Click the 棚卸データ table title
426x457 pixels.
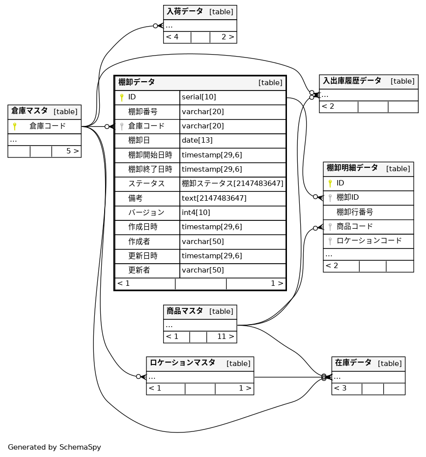click(x=137, y=82)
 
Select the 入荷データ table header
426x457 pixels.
click(x=185, y=11)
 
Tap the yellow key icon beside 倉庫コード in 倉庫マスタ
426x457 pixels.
click(x=15, y=126)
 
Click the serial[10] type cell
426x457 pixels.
click(x=199, y=97)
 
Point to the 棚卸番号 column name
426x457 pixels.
click(x=142, y=112)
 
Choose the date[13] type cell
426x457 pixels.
click(x=197, y=140)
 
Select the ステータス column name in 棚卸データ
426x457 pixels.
click(x=146, y=183)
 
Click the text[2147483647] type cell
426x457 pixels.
click(x=214, y=198)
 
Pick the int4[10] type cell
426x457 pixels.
click(x=196, y=213)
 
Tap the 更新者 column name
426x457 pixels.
click(x=139, y=270)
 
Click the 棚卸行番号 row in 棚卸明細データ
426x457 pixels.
click(x=355, y=212)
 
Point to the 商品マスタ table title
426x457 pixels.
click(x=185, y=311)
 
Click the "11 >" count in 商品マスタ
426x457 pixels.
click(x=225, y=337)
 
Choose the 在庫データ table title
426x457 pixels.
click(x=353, y=363)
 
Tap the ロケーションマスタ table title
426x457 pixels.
click(x=183, y=363)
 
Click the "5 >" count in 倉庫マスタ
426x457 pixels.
click(x=72, y=151)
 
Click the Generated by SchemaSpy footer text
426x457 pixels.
click(x=55, y=447)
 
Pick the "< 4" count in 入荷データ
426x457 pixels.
click(x=172, y=37)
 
